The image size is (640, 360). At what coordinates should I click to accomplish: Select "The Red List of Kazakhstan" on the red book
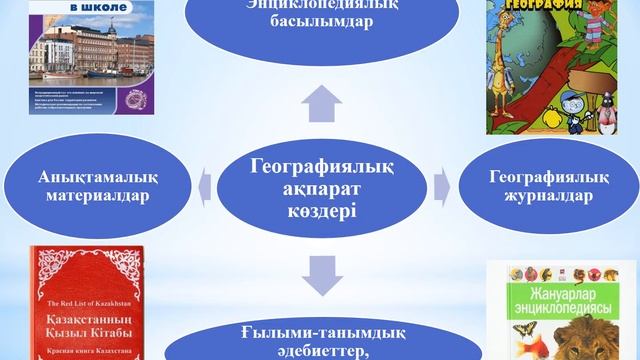[x=84, y=301]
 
